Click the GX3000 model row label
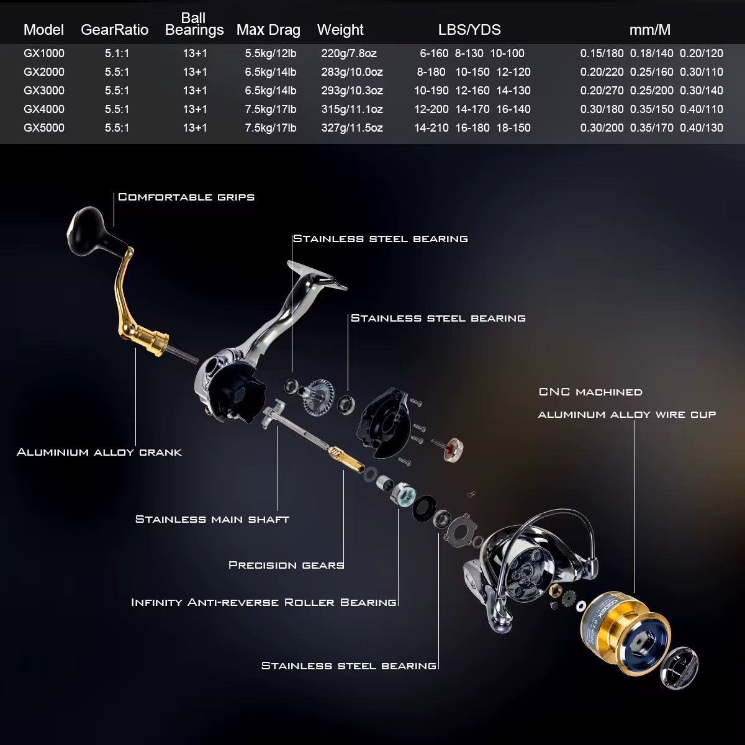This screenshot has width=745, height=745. point(43,91)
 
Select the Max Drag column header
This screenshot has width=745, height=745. point(268,30)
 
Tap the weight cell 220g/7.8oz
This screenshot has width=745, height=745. point(349,53)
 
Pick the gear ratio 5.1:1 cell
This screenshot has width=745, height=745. point(117,53)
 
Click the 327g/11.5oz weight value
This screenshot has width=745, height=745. point(352,128)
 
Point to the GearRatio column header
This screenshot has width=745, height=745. point(114,30)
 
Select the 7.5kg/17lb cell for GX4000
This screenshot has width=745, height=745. point(270,109)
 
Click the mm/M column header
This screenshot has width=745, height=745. point(649,30)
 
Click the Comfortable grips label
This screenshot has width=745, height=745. point(186,197)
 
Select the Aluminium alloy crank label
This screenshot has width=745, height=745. point(99,452)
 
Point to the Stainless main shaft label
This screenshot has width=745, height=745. point(212,519)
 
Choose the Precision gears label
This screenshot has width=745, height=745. point(286,565)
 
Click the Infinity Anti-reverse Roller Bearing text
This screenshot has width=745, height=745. point(264,602)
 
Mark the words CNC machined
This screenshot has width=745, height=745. point(590,392)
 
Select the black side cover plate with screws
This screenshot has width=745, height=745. point(382,419)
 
